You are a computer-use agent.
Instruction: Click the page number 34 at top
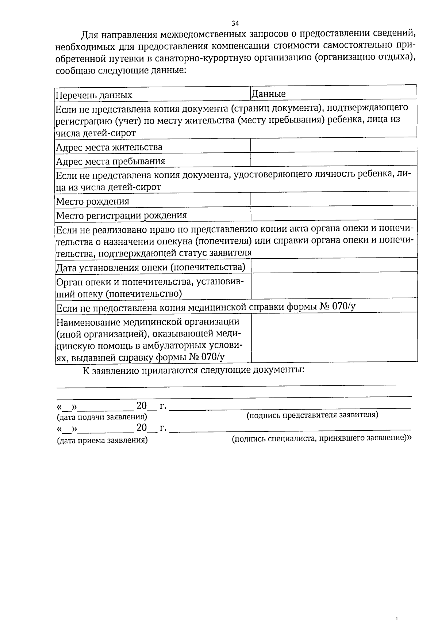[235, 23]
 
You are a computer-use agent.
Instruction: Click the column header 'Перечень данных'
[94, 96]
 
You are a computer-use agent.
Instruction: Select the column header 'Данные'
[269, 94]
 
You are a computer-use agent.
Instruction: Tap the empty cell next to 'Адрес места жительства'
[334, 145]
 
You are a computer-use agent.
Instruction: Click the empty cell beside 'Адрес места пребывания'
[334, 159]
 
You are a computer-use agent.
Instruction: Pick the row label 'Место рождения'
[92, 201]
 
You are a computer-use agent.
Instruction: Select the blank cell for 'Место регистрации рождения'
[334, 214]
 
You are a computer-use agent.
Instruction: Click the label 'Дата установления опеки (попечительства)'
[150, 267]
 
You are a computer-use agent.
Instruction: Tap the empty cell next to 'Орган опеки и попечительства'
[334, 285]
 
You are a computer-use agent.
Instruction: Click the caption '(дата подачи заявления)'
[102, 417]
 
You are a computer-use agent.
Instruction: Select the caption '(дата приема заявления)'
[102, 440]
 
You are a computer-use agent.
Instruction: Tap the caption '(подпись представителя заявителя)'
[312, 415]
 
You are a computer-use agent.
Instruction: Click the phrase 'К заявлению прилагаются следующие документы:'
[193, 370]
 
